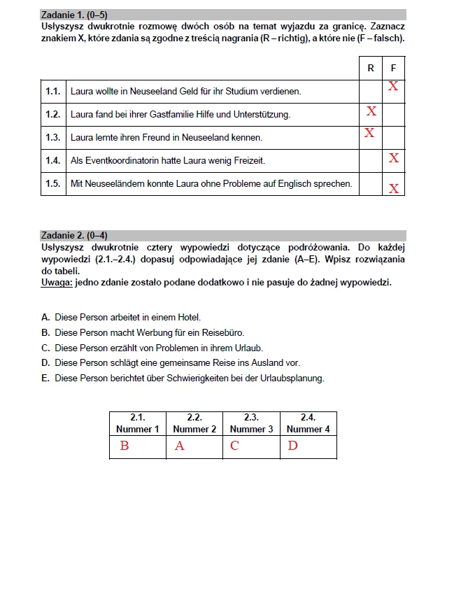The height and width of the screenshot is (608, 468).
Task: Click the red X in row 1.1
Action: (393, 86)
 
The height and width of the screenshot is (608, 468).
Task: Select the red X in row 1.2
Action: (371, 111)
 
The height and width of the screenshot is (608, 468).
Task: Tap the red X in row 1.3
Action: (369, 133)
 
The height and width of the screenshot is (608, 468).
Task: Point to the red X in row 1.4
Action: (394, 158)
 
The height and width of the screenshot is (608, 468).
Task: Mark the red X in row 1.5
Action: (394, 188)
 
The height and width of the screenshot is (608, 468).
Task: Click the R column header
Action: (371, 68)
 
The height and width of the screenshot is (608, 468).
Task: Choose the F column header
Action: (394, 68)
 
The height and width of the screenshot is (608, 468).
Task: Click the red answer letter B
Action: (125, 446)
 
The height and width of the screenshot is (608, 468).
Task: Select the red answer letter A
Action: (180, 446)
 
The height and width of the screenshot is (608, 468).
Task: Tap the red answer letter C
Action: (234, 446)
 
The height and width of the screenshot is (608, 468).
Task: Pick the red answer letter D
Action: (292, 446)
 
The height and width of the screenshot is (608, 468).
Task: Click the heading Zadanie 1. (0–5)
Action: (74, 15)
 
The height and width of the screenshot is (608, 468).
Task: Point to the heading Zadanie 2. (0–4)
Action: (74, 236)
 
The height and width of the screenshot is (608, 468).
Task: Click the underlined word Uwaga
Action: (55, 283)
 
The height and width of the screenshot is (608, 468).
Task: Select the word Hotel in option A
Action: (188, 318)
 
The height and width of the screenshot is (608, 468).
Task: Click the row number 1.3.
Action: (53, 138)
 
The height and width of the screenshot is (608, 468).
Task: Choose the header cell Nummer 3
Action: (251, 429)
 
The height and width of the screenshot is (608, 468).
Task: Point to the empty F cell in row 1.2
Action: (394, 115)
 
